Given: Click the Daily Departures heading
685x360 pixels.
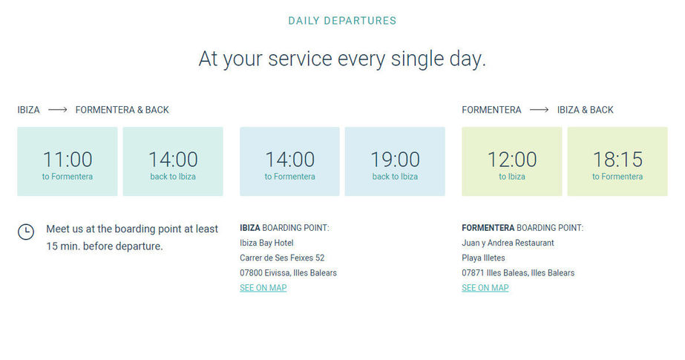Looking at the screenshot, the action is click(342, 21).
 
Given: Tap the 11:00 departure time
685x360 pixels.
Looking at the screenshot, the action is click(68, 160).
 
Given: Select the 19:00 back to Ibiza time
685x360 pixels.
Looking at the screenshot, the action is click(395, 160).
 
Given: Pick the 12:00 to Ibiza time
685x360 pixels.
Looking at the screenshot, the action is click(512, 160).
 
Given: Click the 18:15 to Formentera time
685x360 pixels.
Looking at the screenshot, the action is click(617, 160).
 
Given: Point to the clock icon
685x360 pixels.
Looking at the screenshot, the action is click(26, 232).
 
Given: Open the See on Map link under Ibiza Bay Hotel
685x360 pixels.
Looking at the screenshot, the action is click(263, 288).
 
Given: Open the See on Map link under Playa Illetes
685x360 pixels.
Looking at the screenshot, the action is click(485, 288).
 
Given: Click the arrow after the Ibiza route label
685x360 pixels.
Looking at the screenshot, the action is click(58, 110).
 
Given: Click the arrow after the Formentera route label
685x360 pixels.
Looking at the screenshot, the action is click(539, 110).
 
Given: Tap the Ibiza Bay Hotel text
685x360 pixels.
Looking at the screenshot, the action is click(266, 243).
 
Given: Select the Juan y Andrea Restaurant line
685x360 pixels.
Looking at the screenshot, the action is click(508, 243).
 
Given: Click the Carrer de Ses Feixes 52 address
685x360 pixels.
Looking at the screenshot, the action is click(282, 258).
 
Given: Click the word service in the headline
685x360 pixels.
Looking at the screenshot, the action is click(300, 59).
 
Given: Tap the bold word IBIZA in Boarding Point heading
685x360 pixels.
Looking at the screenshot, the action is click(250, 228).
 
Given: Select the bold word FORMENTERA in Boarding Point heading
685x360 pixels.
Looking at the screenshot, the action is click(488, 228).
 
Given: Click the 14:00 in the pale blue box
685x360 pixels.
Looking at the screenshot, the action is click(289, 160).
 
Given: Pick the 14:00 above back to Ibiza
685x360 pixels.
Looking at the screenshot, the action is click(173, 160).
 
